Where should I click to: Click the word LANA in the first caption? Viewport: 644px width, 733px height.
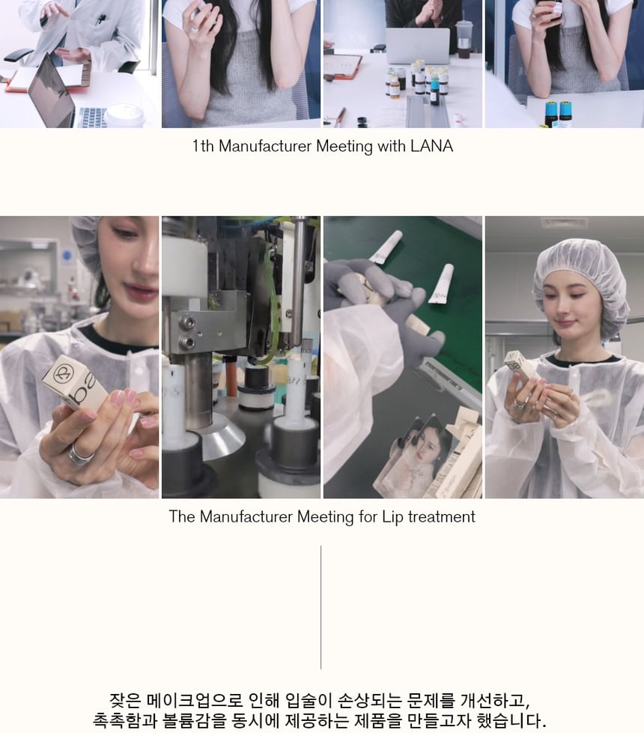point(431,146)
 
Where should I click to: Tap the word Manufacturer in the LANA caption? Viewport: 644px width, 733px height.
point(265,146)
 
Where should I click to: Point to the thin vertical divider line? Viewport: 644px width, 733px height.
point(321,607)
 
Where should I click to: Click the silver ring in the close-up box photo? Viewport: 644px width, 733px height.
point(80,454)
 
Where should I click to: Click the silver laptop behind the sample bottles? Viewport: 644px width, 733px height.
point(418,46)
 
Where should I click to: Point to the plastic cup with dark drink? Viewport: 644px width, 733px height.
point(464,39)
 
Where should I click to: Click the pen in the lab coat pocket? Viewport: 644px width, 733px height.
point(100,19)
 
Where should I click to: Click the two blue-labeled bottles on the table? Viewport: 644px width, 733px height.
point(559,113)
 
